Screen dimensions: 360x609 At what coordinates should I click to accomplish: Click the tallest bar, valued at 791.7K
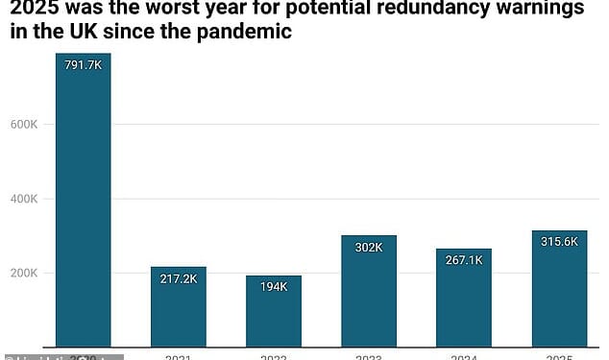(x=84, y=202)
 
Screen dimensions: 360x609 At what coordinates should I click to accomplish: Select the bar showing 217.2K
(x=179, y=307)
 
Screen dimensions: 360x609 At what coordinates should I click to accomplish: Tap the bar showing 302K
(x=369, y=293)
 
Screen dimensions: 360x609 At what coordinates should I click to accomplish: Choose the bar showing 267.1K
(x=464, y=300)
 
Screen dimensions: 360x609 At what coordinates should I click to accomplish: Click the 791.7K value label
(x=84, y=65)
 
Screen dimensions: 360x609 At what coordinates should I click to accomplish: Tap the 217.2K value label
(x=179, y=278)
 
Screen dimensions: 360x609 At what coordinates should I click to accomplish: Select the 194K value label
(x=274, y=287)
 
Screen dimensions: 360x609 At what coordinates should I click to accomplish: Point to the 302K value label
(x=369, y=247)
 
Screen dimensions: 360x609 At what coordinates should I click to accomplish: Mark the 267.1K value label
(x=464, y=260)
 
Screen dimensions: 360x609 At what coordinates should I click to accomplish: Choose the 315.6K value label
(x=559, y=242)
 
